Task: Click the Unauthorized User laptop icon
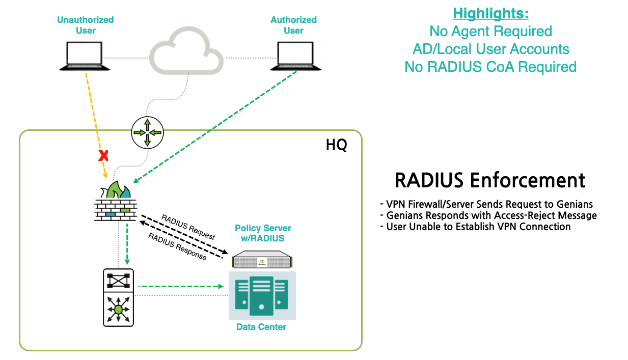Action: click(x=85, y=56)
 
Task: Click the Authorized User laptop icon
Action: click(x=293, y=56)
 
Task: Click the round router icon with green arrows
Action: click(x=147, y=132)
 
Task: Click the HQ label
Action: click(x=336, y=145)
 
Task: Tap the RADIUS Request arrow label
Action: click(x=188, y=227)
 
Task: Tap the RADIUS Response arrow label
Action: click(x=177, y=246)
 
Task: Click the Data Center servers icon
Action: click(x=262, y=295)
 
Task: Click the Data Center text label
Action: click(x=261, y=327)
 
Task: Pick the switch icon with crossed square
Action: click(x=118, y=280)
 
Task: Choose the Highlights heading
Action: click(x=490, y=13)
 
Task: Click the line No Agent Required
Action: click(x=490, y=32)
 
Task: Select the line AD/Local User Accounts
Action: click(x=490, y=49)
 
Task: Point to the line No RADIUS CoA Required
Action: click(x=490, y=67)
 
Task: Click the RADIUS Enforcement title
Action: click(x=490, y=181)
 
